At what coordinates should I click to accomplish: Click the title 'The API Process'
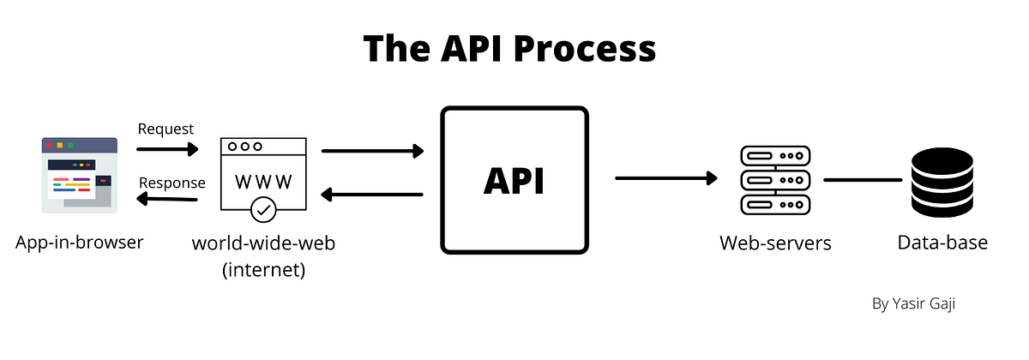[509, 49]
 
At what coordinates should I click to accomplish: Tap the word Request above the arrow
[165, 129]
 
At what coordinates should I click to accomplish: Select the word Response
[171, 183]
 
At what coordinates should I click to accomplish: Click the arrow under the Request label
[167, 149]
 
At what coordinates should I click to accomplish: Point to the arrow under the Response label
[167, 200]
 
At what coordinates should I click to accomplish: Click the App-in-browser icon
[80, 174]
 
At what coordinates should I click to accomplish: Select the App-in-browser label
[79, 243]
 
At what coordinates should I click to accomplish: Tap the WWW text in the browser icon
[262, 182]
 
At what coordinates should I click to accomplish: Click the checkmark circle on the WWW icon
[263, 208]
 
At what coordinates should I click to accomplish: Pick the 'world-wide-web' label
[263, 243]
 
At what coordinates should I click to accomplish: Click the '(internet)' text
[263, 271]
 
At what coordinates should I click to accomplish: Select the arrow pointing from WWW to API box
[373, 152]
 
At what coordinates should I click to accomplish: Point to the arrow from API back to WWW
[373, 195]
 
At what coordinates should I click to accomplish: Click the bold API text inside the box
[514, 181]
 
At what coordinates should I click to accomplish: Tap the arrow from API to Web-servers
[666, 178]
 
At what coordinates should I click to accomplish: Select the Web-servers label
[775, 243]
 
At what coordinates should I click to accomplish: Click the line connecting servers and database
[863, 180]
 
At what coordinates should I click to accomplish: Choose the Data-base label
[942, 243]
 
